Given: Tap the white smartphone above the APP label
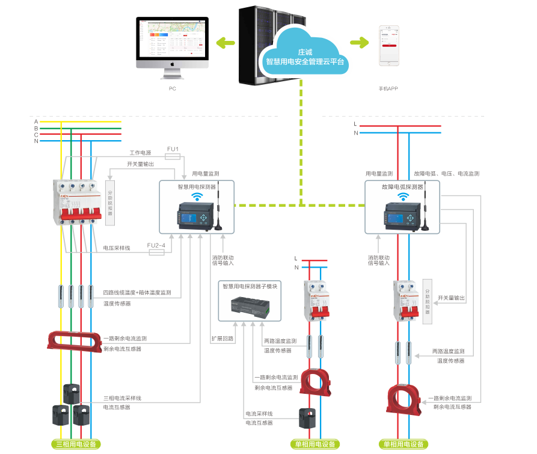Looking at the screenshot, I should click(x=389, y=46).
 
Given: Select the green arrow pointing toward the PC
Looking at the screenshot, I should click(x=226, y=42).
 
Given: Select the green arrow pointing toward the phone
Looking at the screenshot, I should click(x=360, y=42).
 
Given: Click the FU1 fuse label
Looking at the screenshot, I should click(x=173, y=149).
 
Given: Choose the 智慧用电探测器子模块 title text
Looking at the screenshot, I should click(x=250, y=287).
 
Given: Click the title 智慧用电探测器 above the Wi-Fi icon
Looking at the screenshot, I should click(x=197, y=186).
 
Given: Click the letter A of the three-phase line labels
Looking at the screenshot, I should click(x=36, y=121).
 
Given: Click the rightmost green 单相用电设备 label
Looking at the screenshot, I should click(x=404, y=444).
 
